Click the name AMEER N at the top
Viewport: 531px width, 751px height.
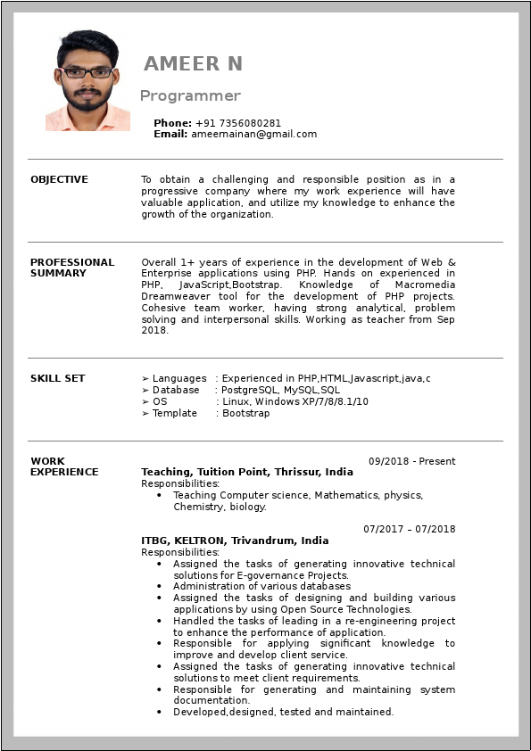tap(193, 63)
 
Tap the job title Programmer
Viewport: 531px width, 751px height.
tap(190, 95)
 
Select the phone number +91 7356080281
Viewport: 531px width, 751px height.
tap(238, 123)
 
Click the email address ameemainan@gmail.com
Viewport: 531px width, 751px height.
tap(253, 135)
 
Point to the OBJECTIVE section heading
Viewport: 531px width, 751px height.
tap(59, 179)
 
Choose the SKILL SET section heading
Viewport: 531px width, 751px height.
tap(58, 378)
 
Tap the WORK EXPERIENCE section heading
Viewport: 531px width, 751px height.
tap(64, 466)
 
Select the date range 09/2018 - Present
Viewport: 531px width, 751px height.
tap(411, 461)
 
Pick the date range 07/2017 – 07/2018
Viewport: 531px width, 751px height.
tap(409, 529)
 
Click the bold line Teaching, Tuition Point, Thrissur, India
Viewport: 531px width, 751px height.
tap(247, 472)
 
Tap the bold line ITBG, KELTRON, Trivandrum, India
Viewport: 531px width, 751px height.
tap(235, 541)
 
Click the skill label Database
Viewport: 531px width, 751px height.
tap(176, 390)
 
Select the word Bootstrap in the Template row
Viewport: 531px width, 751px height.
tap(245, 413)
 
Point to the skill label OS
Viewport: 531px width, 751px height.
tap(160, 401)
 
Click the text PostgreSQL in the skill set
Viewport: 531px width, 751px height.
tap(249, 390)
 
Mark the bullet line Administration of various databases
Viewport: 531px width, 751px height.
tap(261, 586)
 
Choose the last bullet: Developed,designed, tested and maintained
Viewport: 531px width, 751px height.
tap(283, 712)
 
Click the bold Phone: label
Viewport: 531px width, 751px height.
tap(172, 123)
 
